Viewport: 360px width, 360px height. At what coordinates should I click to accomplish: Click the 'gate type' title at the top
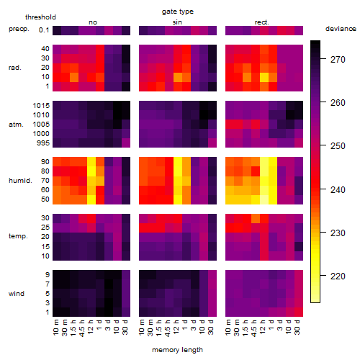tap(178, 12)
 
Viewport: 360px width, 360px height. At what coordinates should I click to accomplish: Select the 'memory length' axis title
tap(177, 350)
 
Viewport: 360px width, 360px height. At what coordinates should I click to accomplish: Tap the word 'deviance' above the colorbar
tap(341, 29)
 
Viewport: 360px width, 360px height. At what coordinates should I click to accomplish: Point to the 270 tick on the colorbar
tap(323, 59)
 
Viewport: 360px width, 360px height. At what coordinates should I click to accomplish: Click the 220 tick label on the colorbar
tap(338, 276)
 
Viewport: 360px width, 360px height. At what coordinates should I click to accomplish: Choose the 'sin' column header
tap(177, 22)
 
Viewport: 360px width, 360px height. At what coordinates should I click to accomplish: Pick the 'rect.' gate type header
tap(261, 22)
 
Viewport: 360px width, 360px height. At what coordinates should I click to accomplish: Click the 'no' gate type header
tap(93, 22)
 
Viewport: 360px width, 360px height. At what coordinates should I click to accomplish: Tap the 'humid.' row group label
tap(20, 181)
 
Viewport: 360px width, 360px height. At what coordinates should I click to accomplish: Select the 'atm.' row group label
tap(16, 125)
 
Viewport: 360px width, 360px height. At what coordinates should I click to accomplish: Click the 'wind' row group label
tap(17, 294)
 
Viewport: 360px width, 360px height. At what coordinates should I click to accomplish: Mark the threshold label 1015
tap(41, 106)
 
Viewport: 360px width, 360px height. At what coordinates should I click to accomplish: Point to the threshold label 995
tap(43, 143)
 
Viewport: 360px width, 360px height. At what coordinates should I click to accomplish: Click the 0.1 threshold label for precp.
tap(44, 30)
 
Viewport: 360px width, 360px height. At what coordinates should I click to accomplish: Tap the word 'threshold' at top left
tap(40, 17)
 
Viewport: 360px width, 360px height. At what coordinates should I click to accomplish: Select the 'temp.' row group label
tap(18, 236)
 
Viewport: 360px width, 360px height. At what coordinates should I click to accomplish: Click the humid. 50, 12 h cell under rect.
tap(264, 199)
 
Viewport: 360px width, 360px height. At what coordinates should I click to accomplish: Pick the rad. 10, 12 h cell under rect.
tap(264, 77)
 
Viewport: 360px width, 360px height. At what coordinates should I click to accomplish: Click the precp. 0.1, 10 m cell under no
tap(57, 30)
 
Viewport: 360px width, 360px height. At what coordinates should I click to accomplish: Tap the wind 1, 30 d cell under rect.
tap(299, 312)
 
